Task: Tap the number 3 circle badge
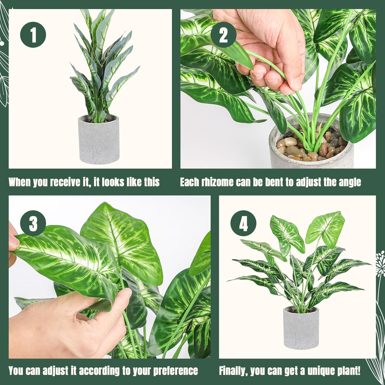coord(33,223)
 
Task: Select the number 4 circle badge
coord(243,223)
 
